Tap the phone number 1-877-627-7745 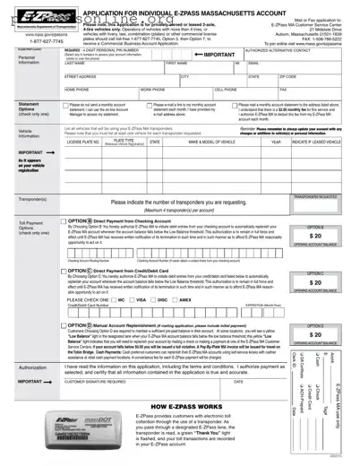pyautogui.click(x=32, y=40)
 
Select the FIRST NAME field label pyautogui.click(x=177, y=64)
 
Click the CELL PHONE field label pyautogui.click(x=226, y=91)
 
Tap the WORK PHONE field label pyautogui.click(x=151, y=91)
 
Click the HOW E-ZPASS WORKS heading pyautogui.click(x=181, y=407)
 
